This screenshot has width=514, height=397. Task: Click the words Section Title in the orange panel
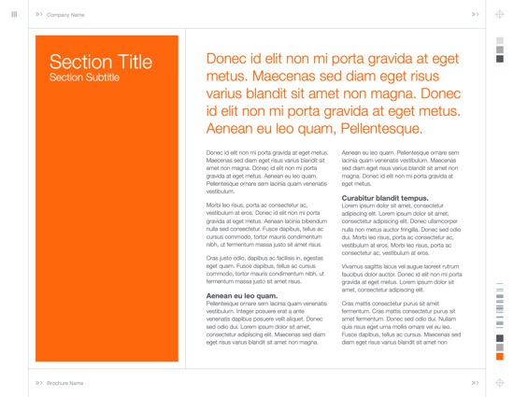tap(101, 62)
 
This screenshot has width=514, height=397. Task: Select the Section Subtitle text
tap(84, 77)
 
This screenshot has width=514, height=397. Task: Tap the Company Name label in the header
tap(65, 15)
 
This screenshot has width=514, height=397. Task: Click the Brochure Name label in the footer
tap(65, 383)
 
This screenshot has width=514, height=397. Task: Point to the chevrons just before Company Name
tap(38, 15)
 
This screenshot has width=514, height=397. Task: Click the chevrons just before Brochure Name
tap(38, 383)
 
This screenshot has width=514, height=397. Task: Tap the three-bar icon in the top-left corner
tap(13, 14)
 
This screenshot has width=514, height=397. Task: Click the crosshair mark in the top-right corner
tap(500, 15)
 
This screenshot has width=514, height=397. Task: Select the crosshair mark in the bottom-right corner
tap(500, 383)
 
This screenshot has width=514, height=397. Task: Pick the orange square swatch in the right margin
tap(499, 356)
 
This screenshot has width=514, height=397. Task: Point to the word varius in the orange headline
tap(227, 94)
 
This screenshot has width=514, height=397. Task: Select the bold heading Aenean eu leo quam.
tap(241, 295)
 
